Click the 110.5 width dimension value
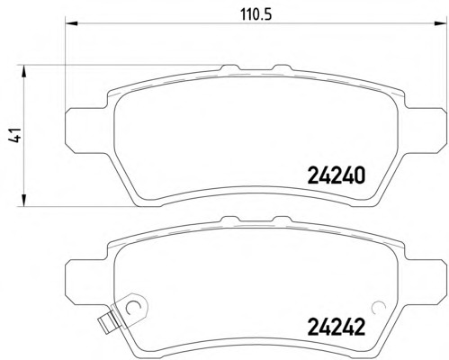[256, 14]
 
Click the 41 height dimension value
[14, 135]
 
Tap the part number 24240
[337, 175]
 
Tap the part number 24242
[337, 327]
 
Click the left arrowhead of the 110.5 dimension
[72, 23]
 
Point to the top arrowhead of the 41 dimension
[24, 72]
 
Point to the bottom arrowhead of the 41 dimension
[24, 200]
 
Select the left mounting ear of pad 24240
[85, 130]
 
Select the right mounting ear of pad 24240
[425, 130]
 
